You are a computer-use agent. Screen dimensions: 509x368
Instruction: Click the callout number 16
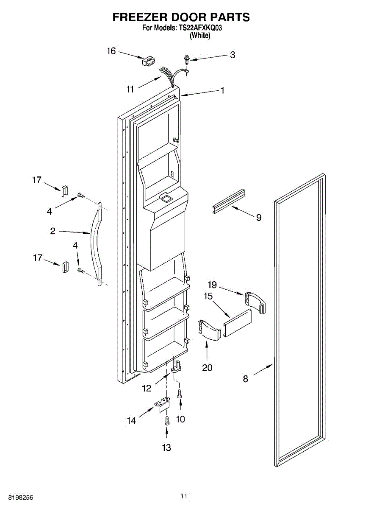pos(111,51)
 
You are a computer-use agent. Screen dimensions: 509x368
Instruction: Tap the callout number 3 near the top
pos(232,55)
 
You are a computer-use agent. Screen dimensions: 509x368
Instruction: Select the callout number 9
pos(258,218)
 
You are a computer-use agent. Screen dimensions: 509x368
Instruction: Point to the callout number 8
pos(246,379)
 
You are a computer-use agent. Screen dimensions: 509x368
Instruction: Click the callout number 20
pos(207,367)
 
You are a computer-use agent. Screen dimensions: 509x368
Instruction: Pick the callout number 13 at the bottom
pos(166,447)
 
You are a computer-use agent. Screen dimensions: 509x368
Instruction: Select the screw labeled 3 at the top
pos(186,60)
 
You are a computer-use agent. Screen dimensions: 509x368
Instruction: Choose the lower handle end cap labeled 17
pos(66,268)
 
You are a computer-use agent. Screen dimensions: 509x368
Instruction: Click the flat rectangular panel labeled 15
pos(238,322)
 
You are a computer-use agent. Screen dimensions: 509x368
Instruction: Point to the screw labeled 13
pos(166,420)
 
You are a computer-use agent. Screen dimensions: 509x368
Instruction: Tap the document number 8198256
pos(17,497)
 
